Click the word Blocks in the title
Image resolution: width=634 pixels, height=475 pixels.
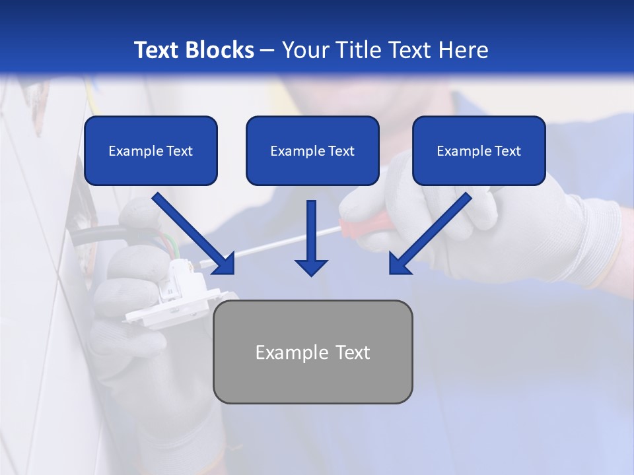(x=221, y=50)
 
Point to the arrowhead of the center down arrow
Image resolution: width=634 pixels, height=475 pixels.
(x=311, y=267)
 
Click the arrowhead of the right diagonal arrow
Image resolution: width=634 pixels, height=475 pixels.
(x=400, y=263)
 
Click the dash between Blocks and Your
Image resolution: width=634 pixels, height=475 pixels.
(x=267, y=50)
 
